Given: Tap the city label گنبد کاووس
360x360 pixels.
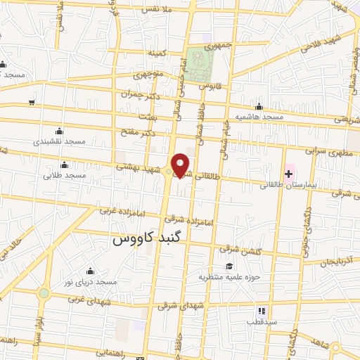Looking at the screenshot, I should pyautogui.click(x=145, y=239).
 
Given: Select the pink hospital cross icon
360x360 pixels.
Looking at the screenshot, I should pyautogui.click(x=289, y=172).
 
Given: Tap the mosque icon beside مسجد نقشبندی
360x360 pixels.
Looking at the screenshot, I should pyautogui.click(x=59, y=130).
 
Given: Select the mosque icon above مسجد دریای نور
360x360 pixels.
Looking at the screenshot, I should pyautogui.click(x=90, y=271).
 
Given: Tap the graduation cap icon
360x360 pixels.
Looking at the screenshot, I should pyautogui.click(x=229, y=266).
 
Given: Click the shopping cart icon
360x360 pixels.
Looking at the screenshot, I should pyautogui.click(x=31, y=103).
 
